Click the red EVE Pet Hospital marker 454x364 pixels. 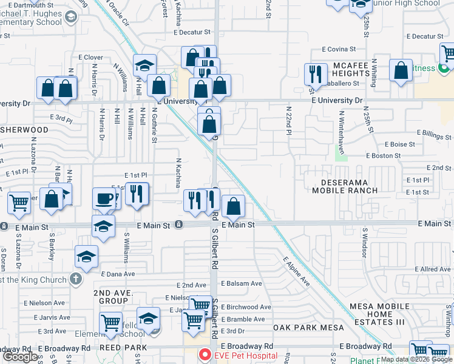[x=206, y=355]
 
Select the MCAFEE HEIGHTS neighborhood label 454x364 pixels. [x=351, y=69]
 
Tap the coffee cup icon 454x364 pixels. [x=104, y=198]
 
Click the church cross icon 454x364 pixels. [x=75, y=279]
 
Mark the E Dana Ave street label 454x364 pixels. [x=118, y=274]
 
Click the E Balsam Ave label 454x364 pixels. [x=242, y=283]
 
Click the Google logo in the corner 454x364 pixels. [x=21, y=357]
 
